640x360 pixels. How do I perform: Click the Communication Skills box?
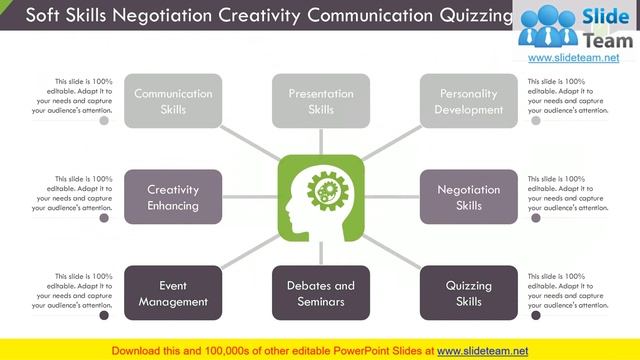pos(173,101)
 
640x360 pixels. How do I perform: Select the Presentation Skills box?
pos(321,101)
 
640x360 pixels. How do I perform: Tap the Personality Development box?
pos(469,101)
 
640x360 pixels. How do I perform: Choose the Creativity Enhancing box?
pos(173,197)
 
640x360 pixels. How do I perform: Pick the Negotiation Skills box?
pos(469,197)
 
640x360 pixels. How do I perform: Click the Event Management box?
pos(173,293)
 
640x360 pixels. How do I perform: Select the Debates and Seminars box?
pos(321,293)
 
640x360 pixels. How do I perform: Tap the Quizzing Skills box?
pos(469,293)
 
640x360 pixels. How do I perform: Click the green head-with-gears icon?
pos(321,197)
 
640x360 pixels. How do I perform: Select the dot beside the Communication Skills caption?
pos(104,121)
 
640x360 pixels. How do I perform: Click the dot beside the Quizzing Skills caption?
pos(537,315)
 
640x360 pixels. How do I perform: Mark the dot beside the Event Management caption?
pos(104,315)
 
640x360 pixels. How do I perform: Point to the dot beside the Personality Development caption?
pos(537,121)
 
